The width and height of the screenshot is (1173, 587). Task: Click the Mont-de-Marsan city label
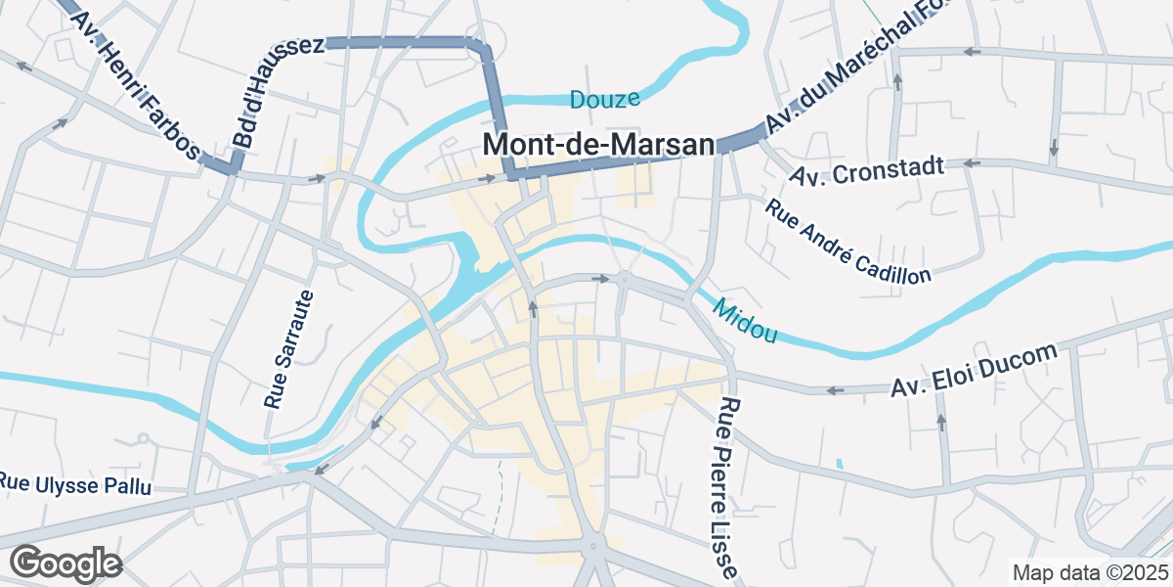[598, 145]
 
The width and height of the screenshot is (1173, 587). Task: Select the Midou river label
[745, 321]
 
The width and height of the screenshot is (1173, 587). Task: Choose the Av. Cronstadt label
[867, 172]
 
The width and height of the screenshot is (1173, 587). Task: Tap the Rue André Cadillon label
[847, 241]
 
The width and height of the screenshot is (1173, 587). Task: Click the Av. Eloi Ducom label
[974, 371]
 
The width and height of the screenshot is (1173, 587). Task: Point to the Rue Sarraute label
[289, 349]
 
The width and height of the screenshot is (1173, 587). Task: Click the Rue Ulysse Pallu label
[75, 483]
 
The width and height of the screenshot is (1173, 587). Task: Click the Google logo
[65, 564]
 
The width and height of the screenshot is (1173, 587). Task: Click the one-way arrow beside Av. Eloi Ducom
[835, 390]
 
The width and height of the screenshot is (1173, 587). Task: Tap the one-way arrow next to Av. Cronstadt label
[971, 163]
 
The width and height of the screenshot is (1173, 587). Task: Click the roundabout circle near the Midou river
[624, 281]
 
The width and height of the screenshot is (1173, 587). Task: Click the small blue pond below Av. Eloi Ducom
[839, 463]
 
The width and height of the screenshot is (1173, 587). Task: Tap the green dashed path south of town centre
[498, 499]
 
